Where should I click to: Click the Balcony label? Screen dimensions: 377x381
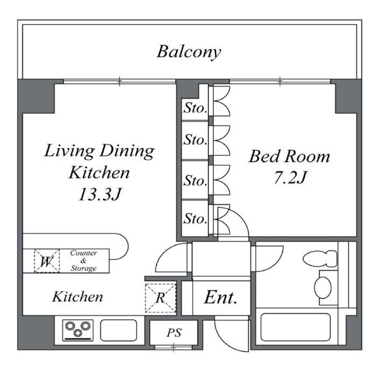pos(189,52)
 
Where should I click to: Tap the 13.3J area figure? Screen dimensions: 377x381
pos(99,194)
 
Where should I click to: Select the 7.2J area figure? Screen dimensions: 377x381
pos(290,178)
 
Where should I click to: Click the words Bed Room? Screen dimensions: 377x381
pos(289,156)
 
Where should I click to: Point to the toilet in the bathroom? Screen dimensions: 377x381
pos(320,259)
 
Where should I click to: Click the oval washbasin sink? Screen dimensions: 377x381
pos(322,288)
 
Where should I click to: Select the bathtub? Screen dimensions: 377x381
pos(295,327)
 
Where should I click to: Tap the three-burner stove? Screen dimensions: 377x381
pos(78,330)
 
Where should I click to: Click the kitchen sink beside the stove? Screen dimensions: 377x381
pos(119,330)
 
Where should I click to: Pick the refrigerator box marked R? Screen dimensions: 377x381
pos(160,298)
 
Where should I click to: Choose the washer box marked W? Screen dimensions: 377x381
pos(47,261)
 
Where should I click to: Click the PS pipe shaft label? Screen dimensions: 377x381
pos(174,333)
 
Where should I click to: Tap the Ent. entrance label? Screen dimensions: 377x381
pos(221,297)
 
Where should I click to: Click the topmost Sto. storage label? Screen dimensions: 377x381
pos(195,108)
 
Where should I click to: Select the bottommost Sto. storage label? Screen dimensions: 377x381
pos(195,219)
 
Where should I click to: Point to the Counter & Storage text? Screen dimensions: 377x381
pos(83,260)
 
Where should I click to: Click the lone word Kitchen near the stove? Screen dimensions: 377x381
pos(78,297)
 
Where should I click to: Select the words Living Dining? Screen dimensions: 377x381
pos(99,151)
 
